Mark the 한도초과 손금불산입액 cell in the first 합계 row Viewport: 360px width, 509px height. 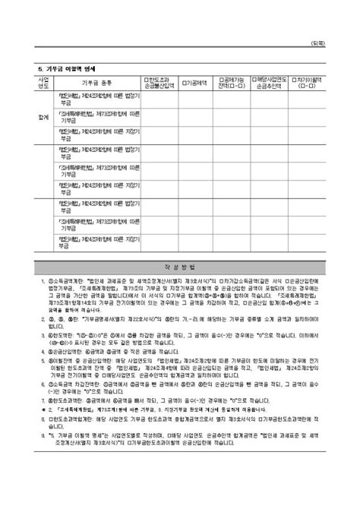(x=160, y=99)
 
